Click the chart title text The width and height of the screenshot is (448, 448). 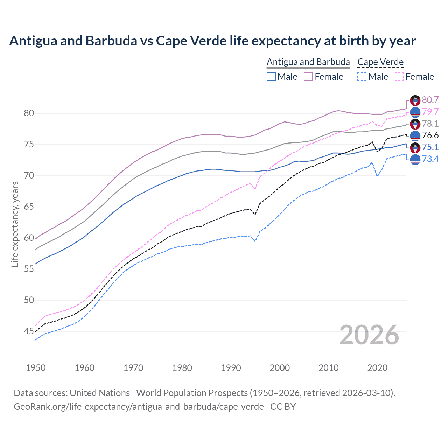[212, 41]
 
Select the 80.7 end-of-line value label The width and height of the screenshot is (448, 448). [430, 100]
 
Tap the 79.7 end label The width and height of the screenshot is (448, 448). [430, 112]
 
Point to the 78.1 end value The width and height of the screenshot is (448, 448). [430, 124]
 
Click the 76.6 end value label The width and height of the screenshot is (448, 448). [430, 135]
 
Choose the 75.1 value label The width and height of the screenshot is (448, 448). [430, 147]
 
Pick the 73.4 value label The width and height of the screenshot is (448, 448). [430, 159]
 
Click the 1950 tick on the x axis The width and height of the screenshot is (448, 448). [36, 368]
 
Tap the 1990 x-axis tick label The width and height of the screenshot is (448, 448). [231, 368]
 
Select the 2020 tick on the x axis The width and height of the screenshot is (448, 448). [377, 368]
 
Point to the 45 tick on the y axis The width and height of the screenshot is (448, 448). [29, 331]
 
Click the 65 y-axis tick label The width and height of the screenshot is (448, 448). [29, 206]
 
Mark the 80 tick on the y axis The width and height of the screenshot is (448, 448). [29, 113]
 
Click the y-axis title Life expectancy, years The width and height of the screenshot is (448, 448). [15, 224]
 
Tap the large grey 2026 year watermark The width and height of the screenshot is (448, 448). [369, 335]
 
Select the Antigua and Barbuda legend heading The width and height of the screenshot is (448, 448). [308, 62]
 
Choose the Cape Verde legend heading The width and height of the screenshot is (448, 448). [380, 62]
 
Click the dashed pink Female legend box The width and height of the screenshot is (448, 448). [399, 77]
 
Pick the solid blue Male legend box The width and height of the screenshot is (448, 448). [271, 77]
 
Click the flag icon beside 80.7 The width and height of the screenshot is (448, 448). [415, 100]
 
